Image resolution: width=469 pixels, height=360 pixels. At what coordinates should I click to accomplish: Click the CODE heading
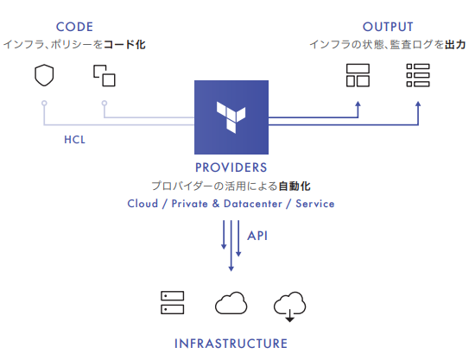coord(74,27)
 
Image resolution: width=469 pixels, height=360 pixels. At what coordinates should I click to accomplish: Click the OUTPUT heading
coord(388,27)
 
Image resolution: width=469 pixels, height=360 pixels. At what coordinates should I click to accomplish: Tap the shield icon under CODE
coord(44,75)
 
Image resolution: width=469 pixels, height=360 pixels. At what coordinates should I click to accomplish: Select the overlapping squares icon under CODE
coord(105,76)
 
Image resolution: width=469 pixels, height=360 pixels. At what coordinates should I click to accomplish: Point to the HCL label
coord(74,140)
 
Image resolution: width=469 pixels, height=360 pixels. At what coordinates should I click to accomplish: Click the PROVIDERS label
coord(231,167)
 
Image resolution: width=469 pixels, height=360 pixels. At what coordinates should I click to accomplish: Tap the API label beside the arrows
coord(257,236)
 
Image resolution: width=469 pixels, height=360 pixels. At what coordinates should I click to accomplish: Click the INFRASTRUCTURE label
coord(231,344)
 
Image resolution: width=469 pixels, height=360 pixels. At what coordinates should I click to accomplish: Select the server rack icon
coord(172,303)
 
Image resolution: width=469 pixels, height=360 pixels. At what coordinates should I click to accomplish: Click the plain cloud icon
coord(231,303)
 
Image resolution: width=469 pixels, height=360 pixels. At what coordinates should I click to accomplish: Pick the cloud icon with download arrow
coord(289,306)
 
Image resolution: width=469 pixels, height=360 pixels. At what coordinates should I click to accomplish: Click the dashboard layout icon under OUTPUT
coord(358,75)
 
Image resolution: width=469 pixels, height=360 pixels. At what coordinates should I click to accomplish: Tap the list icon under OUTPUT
coord(418,75)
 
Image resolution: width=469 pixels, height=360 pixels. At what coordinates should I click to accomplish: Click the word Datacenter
coord(253,204)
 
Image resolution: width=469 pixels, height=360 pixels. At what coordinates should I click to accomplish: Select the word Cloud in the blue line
coord(143,204)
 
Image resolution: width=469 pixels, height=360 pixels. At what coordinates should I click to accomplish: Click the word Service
coord(315,204)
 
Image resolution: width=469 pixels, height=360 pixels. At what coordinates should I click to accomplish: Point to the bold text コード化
coord(124,45)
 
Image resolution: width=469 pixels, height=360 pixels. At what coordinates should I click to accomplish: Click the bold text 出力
coord(455,45)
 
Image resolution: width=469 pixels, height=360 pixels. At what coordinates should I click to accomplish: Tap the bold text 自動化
coord(295,186)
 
